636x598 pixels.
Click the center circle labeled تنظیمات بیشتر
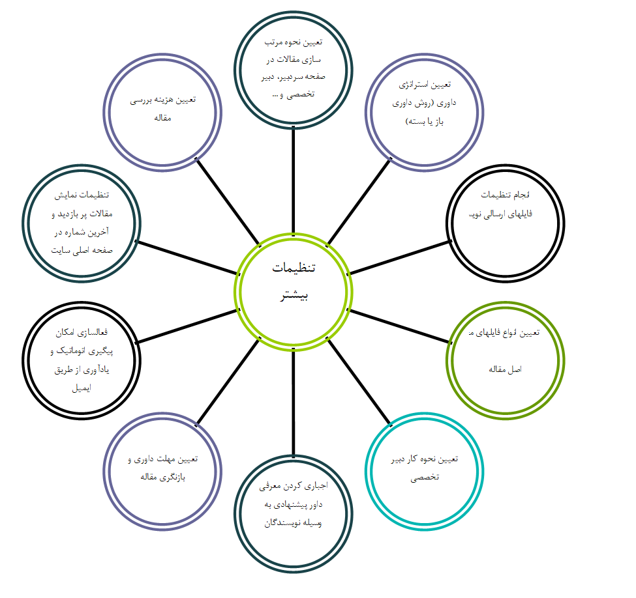(294, 291)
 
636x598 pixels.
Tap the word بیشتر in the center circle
(294, 296)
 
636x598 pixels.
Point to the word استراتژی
(424, 85)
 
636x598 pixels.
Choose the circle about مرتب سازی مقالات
(294, 68)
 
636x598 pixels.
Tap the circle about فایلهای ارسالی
(506, 221)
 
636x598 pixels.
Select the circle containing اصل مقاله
(506, 360)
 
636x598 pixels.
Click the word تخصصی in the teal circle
(425, 477)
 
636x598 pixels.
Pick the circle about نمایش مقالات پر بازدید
(82, 223)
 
